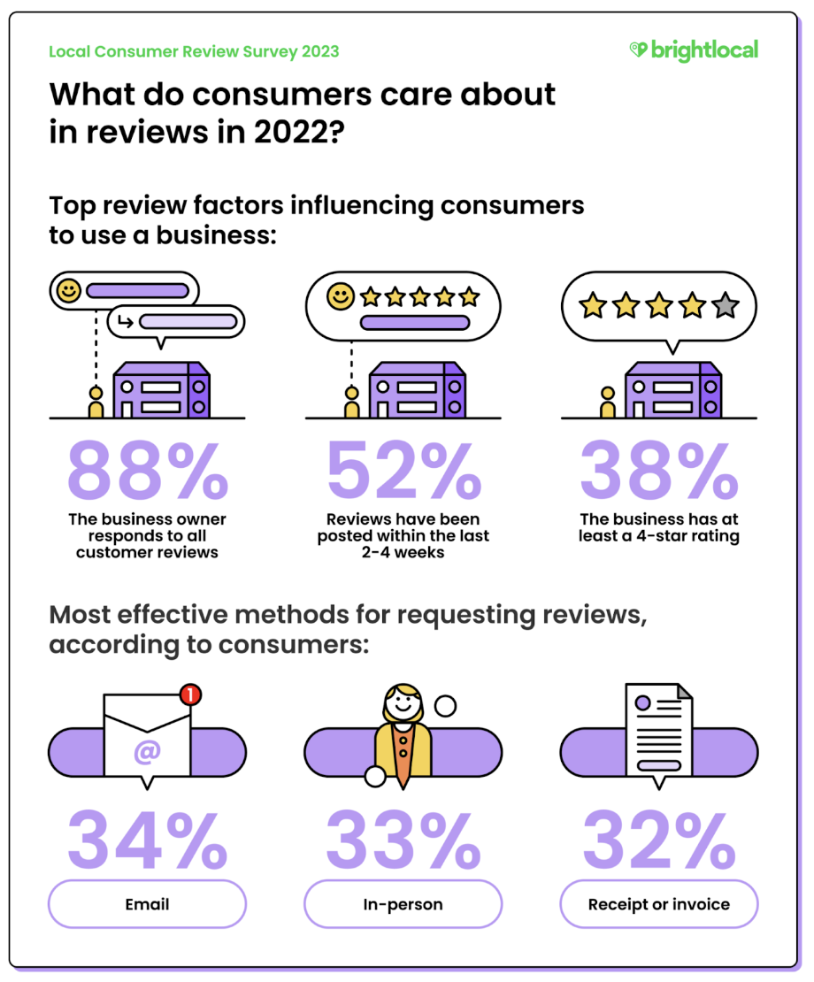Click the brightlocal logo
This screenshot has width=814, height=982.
pos(694,50)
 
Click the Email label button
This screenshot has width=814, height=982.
pos(147,904)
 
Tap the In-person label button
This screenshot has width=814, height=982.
pos(403,904)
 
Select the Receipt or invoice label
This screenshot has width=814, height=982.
pos(659,904)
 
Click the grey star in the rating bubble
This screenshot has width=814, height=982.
pos(725,306)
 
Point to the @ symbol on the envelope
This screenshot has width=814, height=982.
pos(147,751)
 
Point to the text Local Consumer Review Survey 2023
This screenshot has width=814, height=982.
pos(194,51)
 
